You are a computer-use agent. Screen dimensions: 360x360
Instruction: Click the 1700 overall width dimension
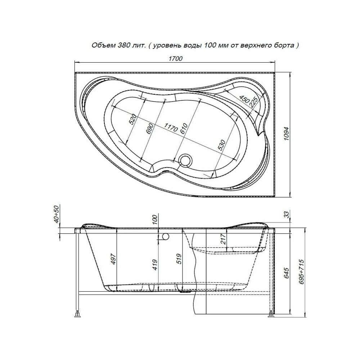176,59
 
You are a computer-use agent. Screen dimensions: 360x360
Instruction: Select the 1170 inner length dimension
171,127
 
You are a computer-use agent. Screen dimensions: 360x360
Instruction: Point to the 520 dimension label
133,119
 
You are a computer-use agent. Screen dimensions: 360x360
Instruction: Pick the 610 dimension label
184,129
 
